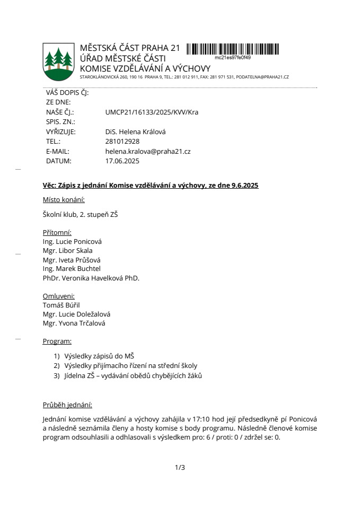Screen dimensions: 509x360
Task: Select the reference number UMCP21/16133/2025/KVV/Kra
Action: [x=152, y=112]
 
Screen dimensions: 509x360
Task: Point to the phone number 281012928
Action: [x=122, y=142]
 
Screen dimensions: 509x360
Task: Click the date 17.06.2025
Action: [x=122, y=161]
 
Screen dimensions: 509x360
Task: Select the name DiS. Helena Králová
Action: [x=135, y=132]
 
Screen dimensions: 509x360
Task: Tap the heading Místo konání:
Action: [x=64, y=200]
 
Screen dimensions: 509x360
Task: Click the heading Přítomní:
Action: [x=57, y=232]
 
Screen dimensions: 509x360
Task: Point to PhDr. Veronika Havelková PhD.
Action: [x=91, y=278]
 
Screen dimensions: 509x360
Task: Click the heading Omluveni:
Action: [x=58, y=296]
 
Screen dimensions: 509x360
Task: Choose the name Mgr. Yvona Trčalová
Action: [x=74, y=323]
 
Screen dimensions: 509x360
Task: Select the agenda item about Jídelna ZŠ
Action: [x=133, y=376]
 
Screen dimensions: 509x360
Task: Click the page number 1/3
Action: [x=180, y=467]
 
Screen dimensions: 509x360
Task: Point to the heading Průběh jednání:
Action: [x=67, y=405]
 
